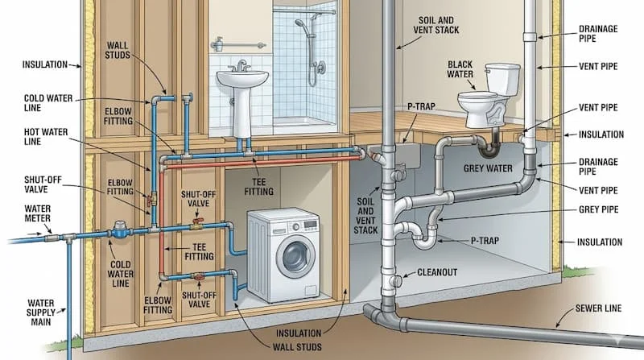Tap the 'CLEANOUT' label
click(x=437, y=273)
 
